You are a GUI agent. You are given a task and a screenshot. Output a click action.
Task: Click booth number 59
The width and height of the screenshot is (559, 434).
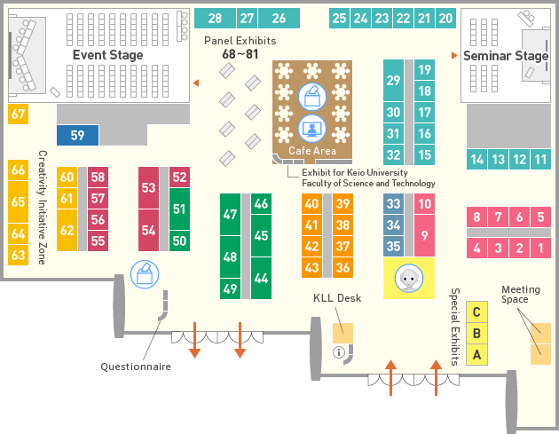[x=78, y=135]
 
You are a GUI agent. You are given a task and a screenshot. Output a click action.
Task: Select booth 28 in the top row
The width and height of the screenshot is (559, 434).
[x=215, y=18]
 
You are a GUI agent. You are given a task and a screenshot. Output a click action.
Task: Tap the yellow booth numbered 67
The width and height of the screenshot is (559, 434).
[x=18, y=114]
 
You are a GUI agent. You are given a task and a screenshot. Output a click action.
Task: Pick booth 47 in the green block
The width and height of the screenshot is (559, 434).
[x=230, y=214]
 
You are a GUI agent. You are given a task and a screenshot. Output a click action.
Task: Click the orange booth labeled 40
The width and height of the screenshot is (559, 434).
[x=311, y=203]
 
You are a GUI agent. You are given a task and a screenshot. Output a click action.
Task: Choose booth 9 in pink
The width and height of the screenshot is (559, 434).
[x=425, y=235]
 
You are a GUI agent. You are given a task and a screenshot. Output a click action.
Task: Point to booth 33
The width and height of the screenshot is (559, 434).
[x=394, y=203]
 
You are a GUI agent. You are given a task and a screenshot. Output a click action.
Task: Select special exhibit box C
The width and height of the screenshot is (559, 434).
[x=476, y=312]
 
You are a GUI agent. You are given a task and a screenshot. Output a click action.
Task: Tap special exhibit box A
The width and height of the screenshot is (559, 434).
[x=476, y=355]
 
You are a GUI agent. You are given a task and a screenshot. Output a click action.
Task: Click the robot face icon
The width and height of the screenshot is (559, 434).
[x=409, y=278]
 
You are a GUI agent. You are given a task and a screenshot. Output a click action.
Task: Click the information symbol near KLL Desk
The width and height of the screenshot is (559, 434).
[x=339, y=352]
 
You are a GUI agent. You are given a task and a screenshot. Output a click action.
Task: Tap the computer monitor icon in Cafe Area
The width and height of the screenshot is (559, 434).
[x=312, y=129]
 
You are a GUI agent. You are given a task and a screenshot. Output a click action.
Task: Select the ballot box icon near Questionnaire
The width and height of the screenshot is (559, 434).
[x=145, y=274]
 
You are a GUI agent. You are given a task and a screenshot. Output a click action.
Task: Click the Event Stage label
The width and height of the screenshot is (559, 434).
[x=108, y=55]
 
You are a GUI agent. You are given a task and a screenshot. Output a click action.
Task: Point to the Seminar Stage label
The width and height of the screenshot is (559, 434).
[x=506, y=56]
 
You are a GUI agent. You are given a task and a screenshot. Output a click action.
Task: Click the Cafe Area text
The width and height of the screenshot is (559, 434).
[x=312, y=151]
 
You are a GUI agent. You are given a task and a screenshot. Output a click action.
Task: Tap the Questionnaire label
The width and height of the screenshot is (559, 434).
[x=136, y=367]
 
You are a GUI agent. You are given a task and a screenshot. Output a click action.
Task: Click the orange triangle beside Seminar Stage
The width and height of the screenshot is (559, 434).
[x=454, y=55]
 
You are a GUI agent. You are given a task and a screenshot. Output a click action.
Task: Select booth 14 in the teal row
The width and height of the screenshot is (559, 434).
[x=477, y=159]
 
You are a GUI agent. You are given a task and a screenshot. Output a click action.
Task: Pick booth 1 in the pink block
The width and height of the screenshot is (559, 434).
[x=541, y=248]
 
